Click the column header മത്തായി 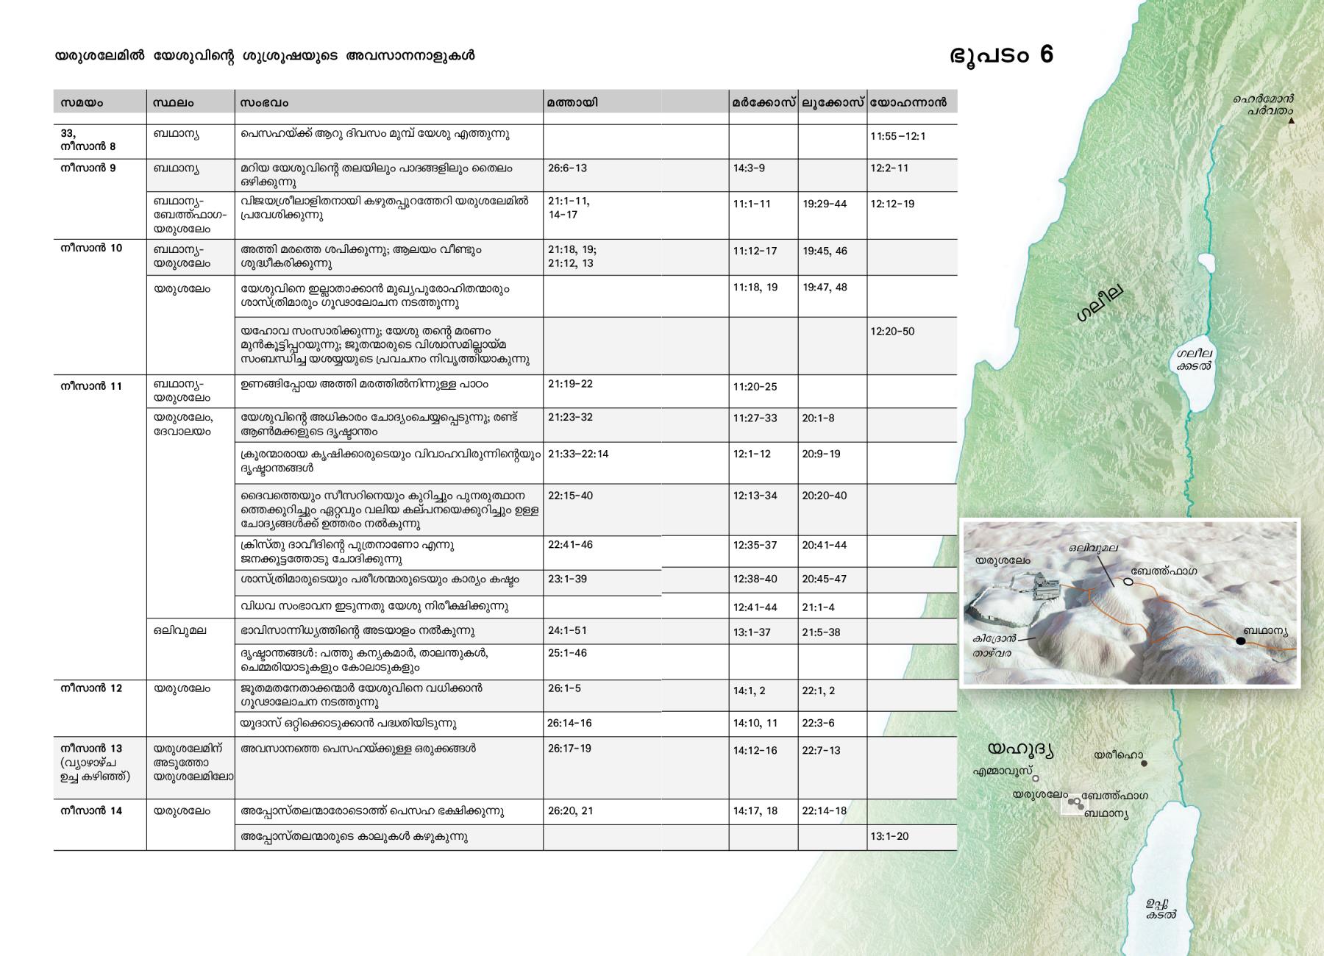point(572,103)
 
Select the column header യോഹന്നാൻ point(908,103)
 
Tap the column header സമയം point(82,103)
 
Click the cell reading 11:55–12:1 point(897,137)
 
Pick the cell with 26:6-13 point(567,168)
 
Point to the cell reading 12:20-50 point(892,332)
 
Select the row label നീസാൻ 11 point(91,386)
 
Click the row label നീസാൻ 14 point(91,811)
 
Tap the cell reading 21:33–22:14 point(578,454)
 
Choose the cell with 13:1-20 point(889,836)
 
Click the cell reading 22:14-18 point(824,811)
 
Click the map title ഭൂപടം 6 point(1001,55)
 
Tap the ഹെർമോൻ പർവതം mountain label point(1264,104)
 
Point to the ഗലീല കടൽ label point(1192,359)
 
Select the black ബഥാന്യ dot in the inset point(1241,641)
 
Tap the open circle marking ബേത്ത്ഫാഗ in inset point(1128,582)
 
